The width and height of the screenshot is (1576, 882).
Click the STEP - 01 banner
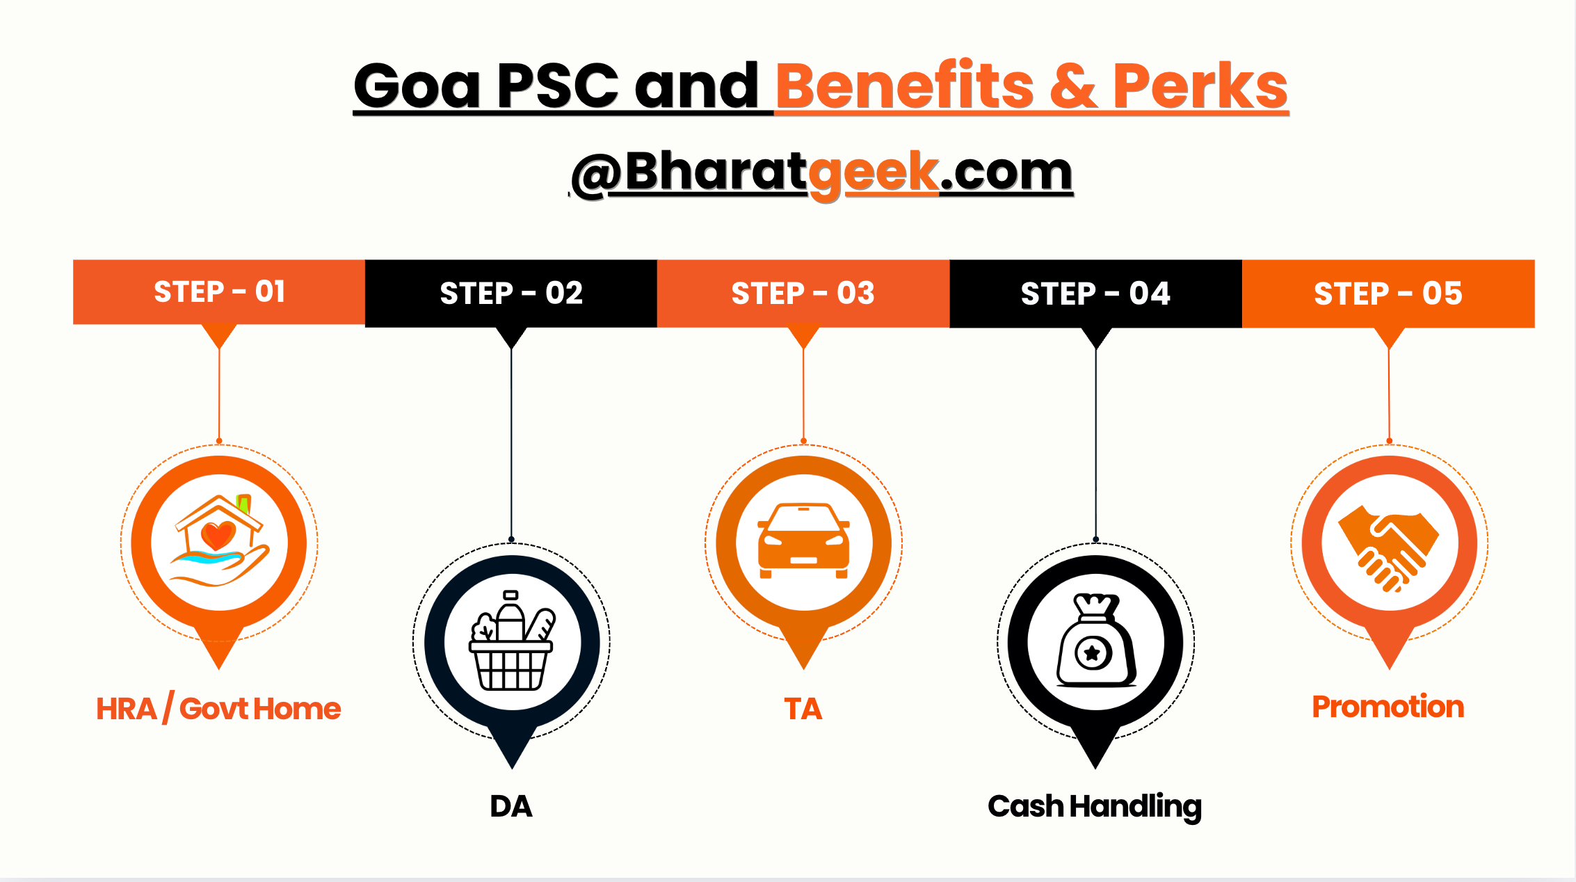point(219,292)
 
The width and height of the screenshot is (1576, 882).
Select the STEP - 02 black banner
point(511,294)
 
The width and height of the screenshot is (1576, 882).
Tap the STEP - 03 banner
point(803,294)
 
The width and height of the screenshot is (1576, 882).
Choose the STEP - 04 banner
point(1096,294)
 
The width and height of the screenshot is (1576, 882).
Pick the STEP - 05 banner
point(1388,294)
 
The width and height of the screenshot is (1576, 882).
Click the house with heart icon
point(220,540)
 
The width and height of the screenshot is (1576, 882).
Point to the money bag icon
point(1096,640)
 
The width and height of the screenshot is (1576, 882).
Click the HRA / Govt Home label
point(218,709)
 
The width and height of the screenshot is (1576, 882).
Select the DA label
point(511,806)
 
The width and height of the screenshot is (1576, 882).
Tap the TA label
point(803,709)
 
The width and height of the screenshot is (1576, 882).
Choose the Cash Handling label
point(1095,807)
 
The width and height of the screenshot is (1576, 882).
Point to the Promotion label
point(1388,707)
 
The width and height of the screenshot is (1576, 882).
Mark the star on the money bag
point(1093,652)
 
